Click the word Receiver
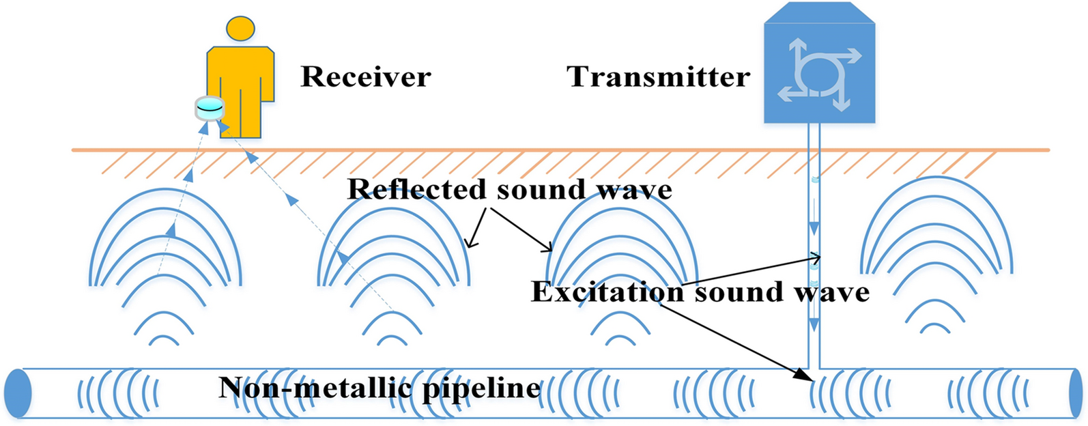point(366,76)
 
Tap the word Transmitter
point(658,76)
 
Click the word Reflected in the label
point(417,189)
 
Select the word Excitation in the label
point(607,292)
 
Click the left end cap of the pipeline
point(18,393)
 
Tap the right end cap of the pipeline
point(1076,393)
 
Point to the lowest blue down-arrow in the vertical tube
point(814,325)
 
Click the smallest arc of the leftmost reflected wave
point(164,339)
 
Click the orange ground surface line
point(561,150)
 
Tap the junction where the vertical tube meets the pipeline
point(814,368)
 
